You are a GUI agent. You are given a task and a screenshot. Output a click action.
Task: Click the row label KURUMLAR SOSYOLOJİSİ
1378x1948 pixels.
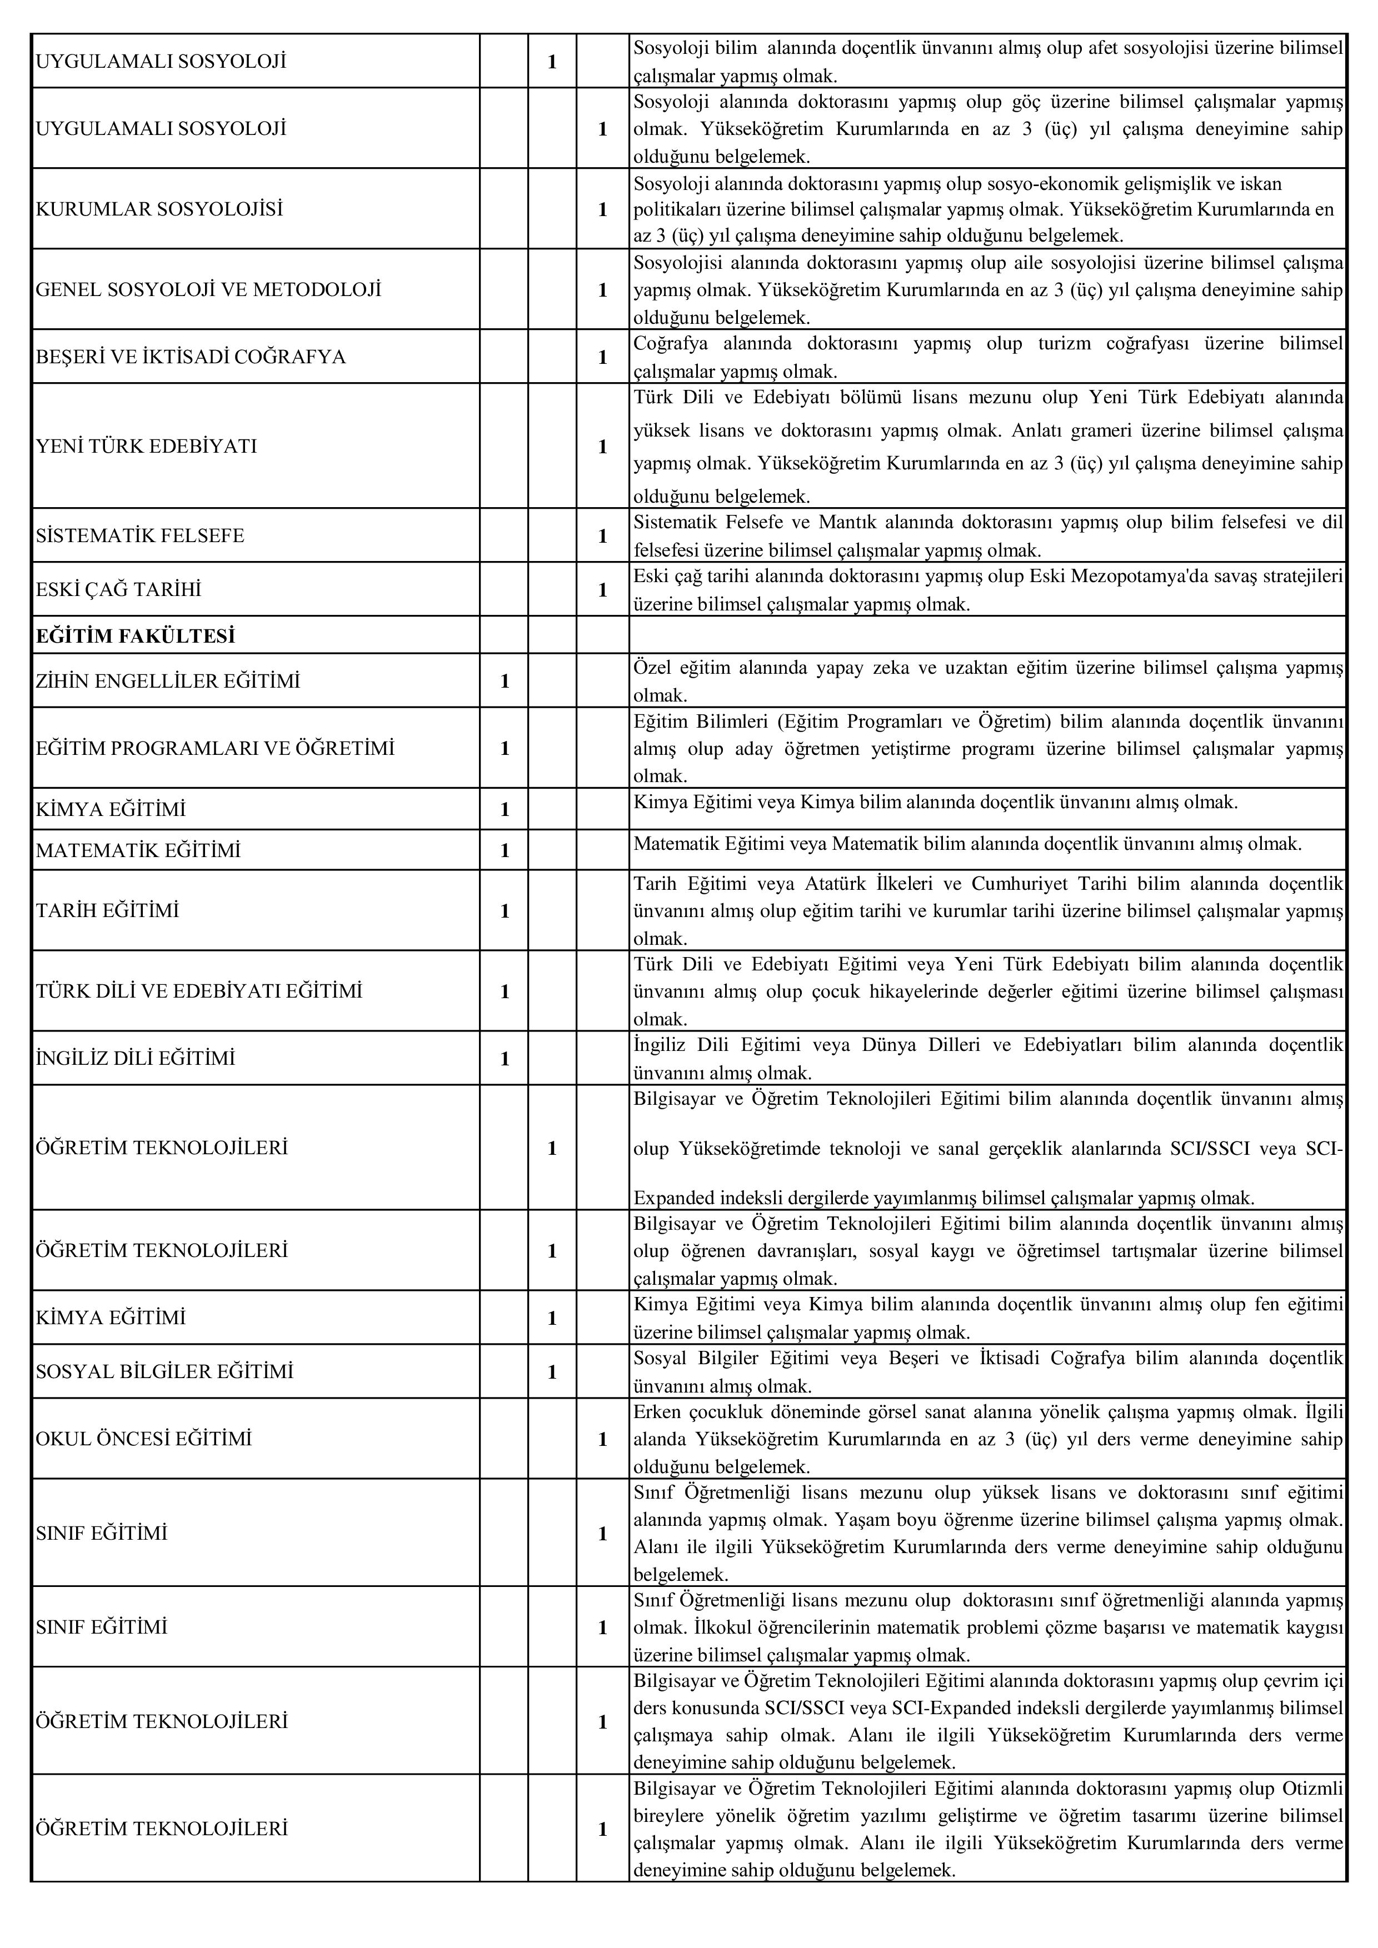[x=159, y=209]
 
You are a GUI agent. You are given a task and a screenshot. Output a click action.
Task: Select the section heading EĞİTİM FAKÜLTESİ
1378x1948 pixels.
[x=136, y=635]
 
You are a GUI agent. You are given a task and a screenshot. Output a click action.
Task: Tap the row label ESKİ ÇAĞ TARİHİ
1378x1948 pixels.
[x=119, y=590]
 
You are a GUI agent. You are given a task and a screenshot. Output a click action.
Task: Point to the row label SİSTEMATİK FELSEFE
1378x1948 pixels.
[x=140, y=535]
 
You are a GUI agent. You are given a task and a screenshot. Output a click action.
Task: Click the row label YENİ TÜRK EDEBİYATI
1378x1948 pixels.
[x=146, y=446]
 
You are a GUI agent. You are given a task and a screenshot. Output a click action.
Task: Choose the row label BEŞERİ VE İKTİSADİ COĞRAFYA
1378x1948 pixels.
[x=191, y=357]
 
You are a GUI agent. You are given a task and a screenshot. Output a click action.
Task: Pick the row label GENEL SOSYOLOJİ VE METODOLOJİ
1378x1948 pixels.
[x=209, y=289]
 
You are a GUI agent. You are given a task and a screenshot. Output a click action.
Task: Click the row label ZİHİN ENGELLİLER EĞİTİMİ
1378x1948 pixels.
[x=168, y=680]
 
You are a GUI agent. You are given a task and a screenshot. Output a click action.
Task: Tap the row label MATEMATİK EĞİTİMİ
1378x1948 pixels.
[x=138, y=849]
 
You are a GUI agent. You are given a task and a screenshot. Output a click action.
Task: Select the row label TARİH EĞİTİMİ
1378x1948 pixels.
[x=108, y=910]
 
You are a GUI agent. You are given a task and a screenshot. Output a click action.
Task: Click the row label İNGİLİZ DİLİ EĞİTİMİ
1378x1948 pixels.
[x=136, y=1058]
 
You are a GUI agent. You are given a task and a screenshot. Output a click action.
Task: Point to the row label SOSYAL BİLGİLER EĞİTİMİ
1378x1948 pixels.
[x=164, y=1371]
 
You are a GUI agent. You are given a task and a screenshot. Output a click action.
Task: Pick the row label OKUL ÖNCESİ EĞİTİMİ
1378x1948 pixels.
[x=144, y=1438]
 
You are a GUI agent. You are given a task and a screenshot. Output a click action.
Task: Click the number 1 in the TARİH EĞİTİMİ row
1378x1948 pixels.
[x=505, y=910]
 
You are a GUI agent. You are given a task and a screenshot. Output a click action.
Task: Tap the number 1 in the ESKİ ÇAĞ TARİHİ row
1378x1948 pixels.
[x=602, y=590]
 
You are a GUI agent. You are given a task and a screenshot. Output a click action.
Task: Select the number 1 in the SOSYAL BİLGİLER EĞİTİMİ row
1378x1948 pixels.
[x=552, y=1371]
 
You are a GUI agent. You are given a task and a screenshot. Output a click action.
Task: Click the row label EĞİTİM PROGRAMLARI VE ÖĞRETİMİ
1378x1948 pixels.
[x=216, y=748]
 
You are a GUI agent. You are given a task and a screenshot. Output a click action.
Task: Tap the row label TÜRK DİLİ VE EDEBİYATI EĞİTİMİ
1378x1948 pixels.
[x=199, y=991]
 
